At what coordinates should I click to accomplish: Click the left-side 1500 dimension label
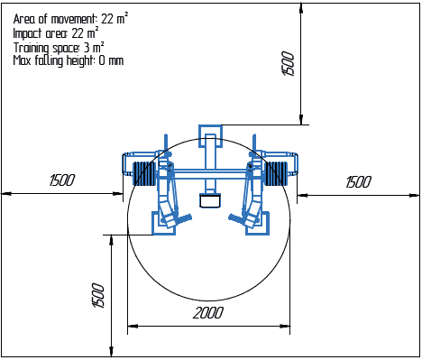coord(61,180)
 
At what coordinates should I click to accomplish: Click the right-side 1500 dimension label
coord(358,181)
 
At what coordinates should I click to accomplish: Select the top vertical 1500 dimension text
coord(289,63)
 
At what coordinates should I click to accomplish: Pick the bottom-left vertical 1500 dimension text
coord(99,295)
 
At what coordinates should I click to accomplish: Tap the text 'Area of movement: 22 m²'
coord(70,17)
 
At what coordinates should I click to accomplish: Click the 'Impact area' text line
coord(58,32)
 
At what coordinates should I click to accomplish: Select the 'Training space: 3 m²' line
coord(59,46)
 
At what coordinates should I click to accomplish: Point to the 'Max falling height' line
coord(69,60)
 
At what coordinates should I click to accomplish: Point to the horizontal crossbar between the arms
coord(209,171)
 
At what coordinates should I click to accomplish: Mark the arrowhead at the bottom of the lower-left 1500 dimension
coord(111,351)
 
